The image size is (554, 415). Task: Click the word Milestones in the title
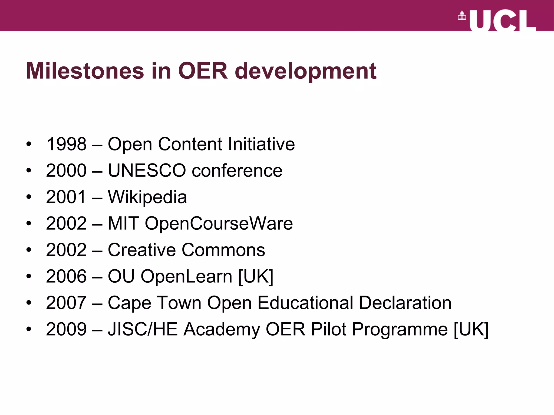(85, 71)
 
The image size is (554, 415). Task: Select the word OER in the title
(203, 71)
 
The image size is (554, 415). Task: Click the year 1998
(66, 144)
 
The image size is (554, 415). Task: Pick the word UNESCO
(147, 170)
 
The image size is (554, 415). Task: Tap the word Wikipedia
(147, 197)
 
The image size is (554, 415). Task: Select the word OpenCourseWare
(219, 224)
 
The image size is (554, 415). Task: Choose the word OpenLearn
(186, 277)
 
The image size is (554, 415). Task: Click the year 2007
(66, 303)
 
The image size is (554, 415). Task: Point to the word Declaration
(405, 303)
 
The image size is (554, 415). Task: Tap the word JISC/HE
(143, 329)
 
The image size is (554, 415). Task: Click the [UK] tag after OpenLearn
(256, 277)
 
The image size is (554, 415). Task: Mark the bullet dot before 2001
(29, 197)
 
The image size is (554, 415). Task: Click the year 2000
(66, 170)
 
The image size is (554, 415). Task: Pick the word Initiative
(261, 144)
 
